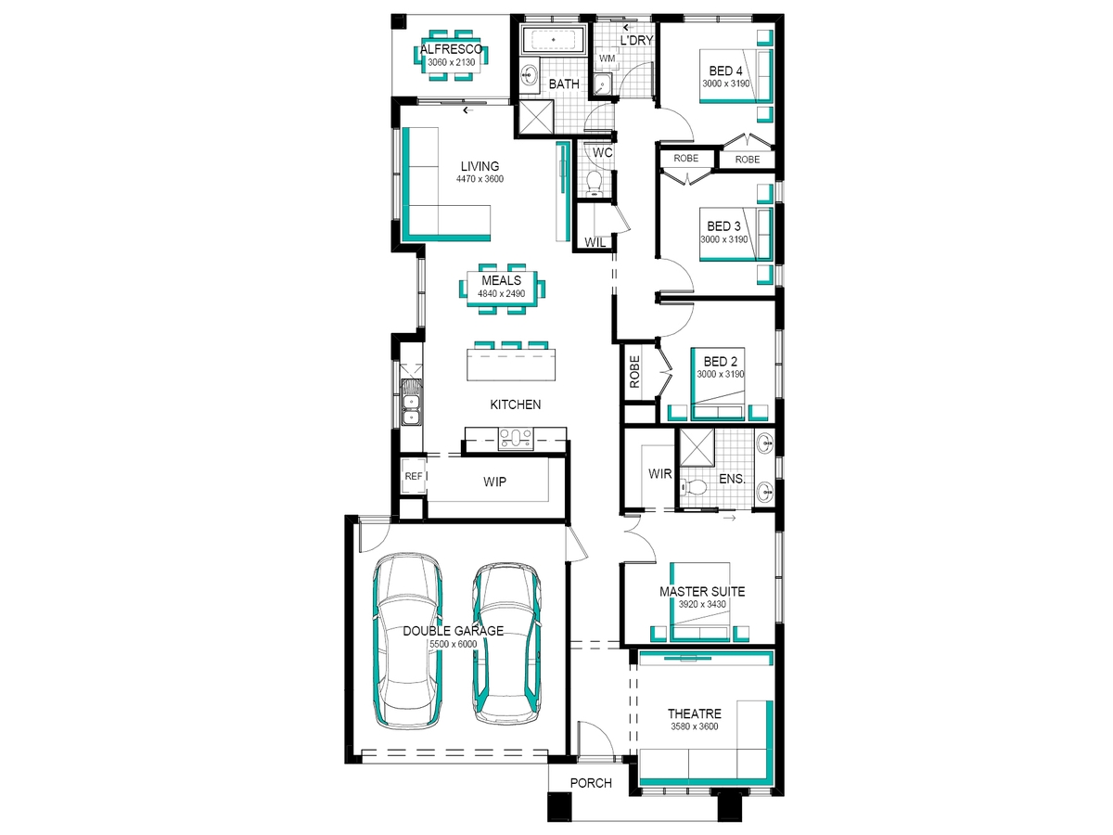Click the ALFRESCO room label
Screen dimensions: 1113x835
(452, 50)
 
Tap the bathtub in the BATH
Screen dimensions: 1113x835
(553, 39)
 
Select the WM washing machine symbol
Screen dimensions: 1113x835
(607, 58)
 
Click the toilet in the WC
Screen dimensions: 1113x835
(594, 183)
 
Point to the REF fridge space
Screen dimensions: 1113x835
(414, 476)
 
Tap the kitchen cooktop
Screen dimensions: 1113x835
(516, 438)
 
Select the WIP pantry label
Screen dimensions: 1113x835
(494, 482)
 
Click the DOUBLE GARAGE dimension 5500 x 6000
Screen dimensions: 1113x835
(453, 644)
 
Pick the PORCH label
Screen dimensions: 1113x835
(591, 783)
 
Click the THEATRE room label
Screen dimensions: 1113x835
(694, 713)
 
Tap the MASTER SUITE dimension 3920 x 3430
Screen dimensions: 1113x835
(702, 604)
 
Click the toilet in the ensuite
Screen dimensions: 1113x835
(694, 488)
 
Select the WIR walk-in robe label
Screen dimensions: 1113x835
(659, 473)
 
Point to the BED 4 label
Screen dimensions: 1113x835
(725, 71)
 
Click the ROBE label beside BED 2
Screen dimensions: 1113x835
(634, 372)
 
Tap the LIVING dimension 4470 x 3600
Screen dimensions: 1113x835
(480, 178)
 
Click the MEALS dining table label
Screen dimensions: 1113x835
(501, 280)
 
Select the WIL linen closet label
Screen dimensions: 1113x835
(595, 242)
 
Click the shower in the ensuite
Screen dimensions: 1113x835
(697, 447)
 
